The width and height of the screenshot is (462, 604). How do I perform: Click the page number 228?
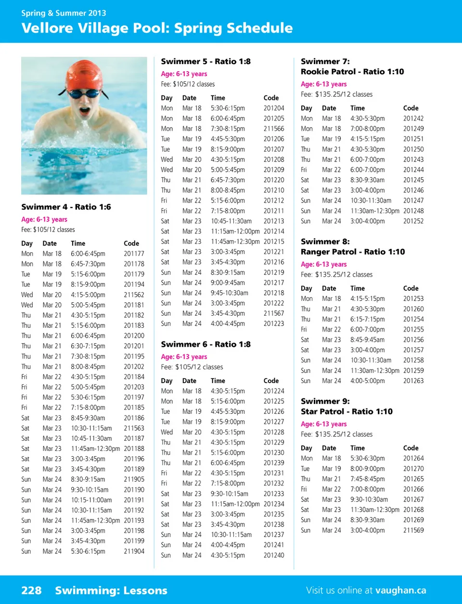31,591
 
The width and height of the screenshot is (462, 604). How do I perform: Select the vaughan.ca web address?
400,591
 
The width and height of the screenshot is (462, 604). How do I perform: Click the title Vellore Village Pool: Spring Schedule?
157,28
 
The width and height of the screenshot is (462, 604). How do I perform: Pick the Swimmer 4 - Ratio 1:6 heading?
66,207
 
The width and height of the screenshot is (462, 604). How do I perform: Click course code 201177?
134,254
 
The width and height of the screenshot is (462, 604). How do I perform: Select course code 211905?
134,479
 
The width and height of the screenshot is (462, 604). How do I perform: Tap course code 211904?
134,551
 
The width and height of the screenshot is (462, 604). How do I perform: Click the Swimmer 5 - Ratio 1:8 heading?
205,62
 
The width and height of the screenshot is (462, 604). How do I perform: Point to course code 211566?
274,129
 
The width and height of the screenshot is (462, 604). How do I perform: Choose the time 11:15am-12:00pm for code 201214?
235,231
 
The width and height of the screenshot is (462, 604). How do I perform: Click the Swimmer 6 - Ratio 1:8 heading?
205,345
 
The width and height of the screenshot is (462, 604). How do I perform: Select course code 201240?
274,555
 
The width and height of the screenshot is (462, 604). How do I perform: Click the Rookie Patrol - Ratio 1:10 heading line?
352,72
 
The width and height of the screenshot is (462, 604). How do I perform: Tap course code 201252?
413,221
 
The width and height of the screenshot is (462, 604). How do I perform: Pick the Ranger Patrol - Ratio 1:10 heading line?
353,252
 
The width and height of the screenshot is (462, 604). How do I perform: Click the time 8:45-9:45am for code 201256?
367,340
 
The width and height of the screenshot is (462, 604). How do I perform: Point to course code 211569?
413,530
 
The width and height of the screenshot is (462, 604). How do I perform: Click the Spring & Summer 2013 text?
64,13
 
